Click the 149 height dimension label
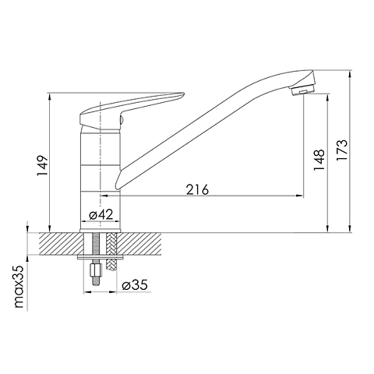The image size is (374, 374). coord(42,166)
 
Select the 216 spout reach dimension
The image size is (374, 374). coord(197,189)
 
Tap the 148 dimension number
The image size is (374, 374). coord(319,160)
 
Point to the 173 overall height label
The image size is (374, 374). coord(342,150)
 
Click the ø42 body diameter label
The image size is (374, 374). coord(101,214)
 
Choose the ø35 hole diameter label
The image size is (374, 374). coord(135,284)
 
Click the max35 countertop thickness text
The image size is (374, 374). coord(19,287)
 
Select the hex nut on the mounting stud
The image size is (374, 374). coord(95,270)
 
